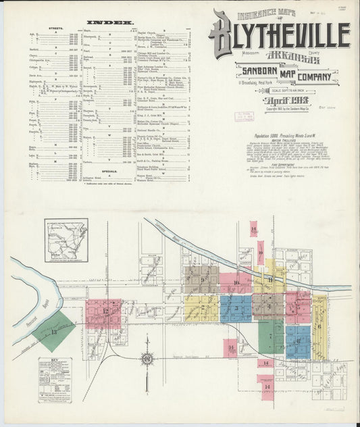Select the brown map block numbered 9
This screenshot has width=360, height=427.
(x=202, y=279)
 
